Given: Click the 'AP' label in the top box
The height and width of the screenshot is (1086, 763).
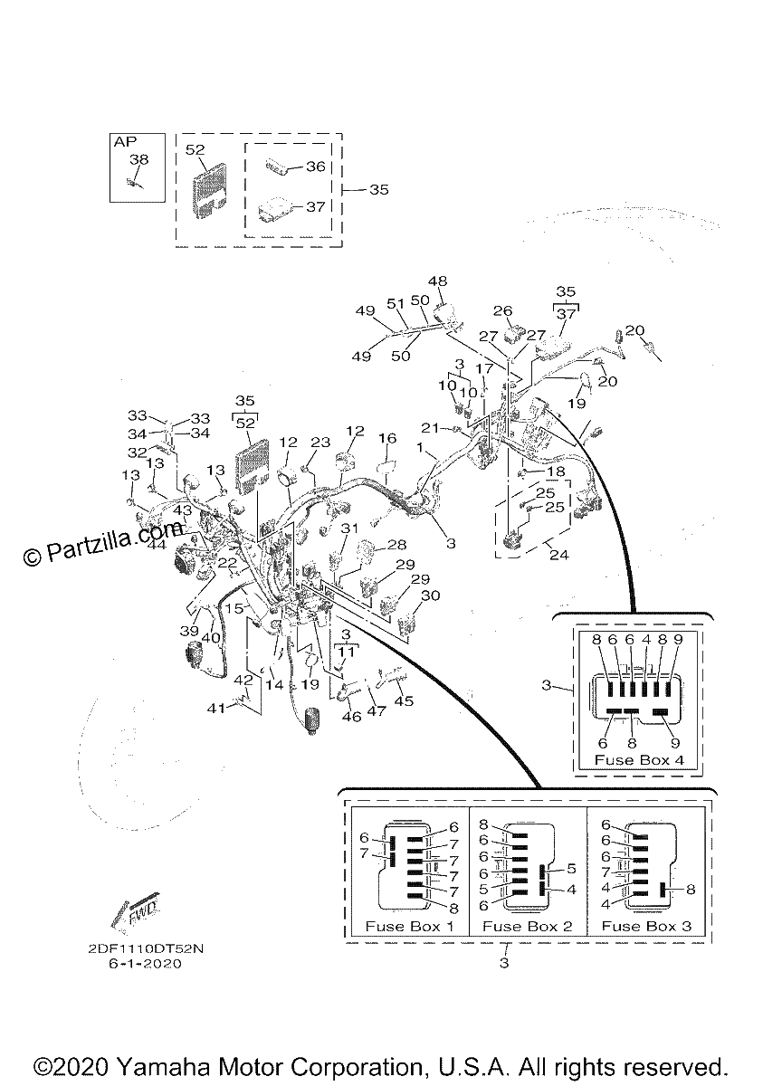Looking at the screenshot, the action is (125, 141).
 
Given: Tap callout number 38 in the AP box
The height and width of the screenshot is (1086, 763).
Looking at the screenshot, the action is (138, 159).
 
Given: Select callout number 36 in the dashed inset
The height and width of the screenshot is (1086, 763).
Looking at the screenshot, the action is (316, 167).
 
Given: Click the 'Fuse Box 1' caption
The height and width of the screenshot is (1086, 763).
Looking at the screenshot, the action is (409, 926).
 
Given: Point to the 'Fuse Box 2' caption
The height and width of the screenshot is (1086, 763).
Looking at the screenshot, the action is (528, 926).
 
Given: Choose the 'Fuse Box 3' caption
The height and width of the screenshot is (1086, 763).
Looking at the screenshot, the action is (646, 926).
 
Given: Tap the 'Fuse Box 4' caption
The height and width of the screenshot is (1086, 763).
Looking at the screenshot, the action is (639, 759).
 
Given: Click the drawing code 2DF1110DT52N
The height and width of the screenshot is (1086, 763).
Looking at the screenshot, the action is (146, 948).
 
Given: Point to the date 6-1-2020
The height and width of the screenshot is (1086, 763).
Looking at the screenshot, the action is (146, 963).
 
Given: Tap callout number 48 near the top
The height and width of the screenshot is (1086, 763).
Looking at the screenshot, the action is (438, 281).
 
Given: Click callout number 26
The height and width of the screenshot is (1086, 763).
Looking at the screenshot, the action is (502, 310).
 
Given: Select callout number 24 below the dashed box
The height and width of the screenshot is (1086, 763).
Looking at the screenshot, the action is (558, 555).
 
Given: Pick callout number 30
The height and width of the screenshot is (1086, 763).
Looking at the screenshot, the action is (431, 595).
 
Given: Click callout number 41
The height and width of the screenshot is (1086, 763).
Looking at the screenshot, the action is (216, 709).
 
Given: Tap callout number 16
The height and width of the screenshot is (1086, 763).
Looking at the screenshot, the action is (387, 438).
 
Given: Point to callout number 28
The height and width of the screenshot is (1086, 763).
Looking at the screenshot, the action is (396, 545).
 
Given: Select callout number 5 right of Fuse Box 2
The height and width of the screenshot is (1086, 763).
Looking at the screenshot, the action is (571, 868).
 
